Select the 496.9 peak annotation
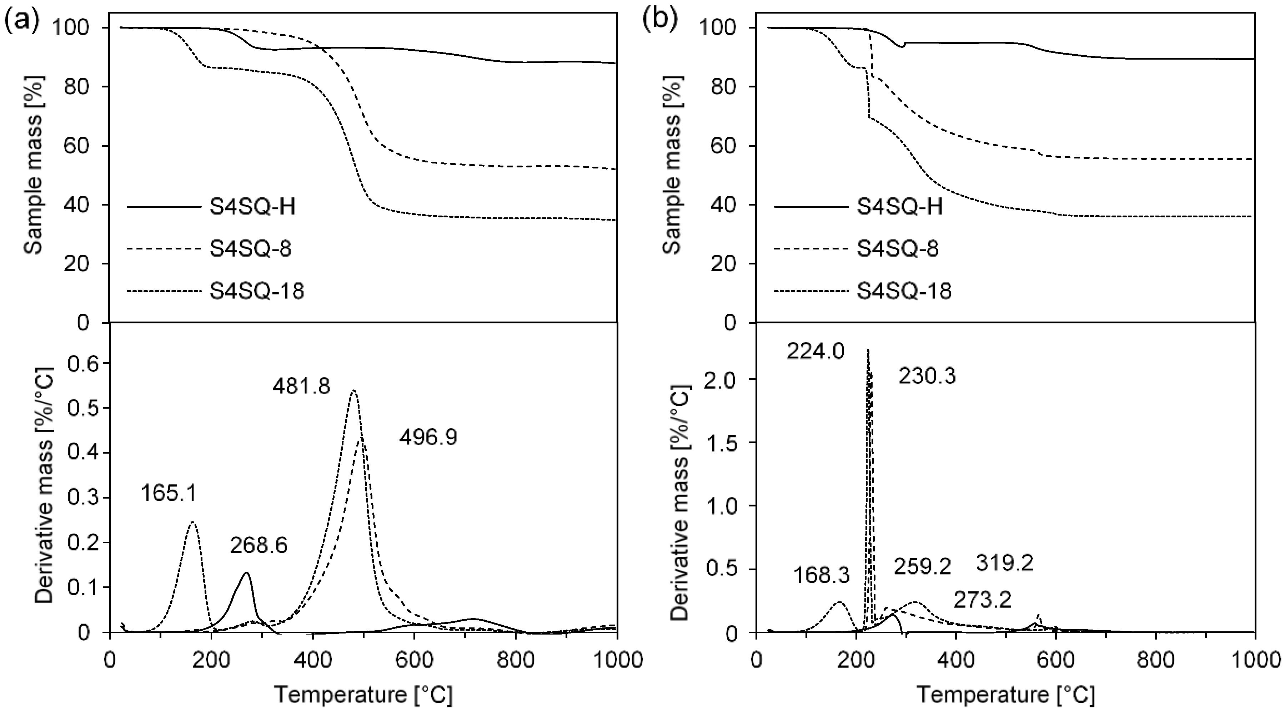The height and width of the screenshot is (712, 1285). pos(428,438)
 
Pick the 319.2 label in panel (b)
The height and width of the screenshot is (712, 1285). pos(1004,564)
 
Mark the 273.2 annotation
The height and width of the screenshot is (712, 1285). pos(983,600)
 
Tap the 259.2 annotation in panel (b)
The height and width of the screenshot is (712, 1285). pos(922,566)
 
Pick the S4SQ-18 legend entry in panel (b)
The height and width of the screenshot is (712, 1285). pos(904,291)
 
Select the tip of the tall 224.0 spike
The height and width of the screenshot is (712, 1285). pos(868,349)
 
